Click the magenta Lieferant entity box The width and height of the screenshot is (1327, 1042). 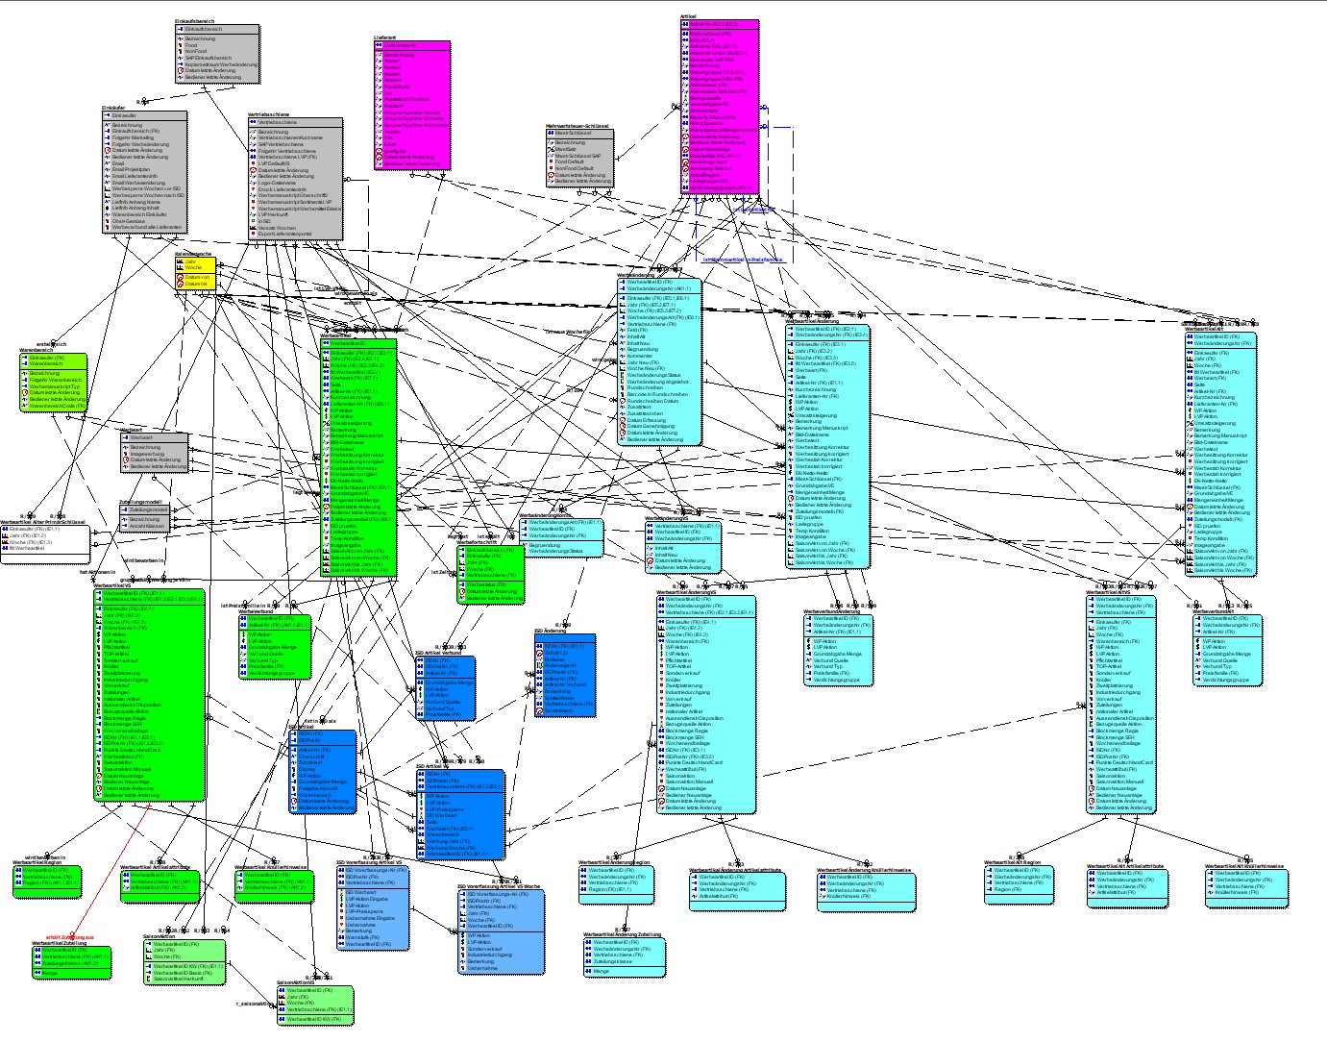(x=411, y=106)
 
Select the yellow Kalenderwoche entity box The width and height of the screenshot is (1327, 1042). (x=193, y=274)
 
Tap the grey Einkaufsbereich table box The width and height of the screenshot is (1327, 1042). (x=217, y=54)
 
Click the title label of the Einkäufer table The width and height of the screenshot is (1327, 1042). (x=113, y=108)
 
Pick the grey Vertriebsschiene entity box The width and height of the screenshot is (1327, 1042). (x=295, y=178)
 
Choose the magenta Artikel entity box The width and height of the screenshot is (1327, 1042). (x=720, y=107)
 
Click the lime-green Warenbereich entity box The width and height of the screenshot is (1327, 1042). (x=53, y=383)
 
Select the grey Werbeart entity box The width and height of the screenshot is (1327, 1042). (x=155, y=453)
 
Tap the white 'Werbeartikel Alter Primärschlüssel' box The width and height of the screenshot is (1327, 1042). (x=45, y=544)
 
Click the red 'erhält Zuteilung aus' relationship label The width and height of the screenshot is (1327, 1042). (x=70, y=936)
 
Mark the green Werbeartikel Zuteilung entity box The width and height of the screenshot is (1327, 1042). (x=72, y=962)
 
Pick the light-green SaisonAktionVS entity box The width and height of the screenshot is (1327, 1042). (x=315, y=1005)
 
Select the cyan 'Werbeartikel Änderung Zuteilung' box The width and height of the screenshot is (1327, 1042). (x=624, y=956)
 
